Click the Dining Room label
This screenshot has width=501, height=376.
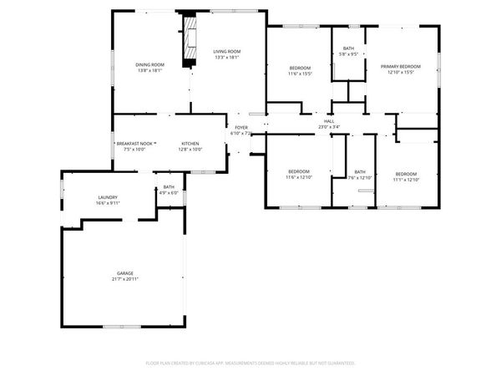(150, 65)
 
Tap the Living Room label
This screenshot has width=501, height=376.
(226, 52)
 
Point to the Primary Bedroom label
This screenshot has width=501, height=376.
(400, 66)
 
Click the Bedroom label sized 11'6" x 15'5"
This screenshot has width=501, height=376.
(300, 68)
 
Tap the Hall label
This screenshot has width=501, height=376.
(329, 121)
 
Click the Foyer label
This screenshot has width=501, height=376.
(240, 127)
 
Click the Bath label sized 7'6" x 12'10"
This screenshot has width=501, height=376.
(360, 172)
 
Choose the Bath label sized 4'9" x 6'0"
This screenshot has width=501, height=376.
(169, 187)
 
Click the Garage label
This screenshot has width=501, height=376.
(124, 273)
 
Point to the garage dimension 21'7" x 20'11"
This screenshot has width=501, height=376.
(124, 279)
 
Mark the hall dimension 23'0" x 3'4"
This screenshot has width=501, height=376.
(329, 127)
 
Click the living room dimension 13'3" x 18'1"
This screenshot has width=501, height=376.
(226, 58)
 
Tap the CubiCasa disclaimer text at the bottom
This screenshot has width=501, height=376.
(250, 363)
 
